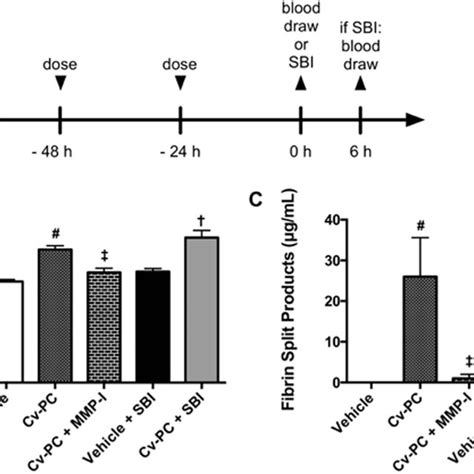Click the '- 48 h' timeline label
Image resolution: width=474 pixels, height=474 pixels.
pyautogui.click(x=61, y=155)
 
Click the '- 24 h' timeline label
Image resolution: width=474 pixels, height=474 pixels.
pyautogui.click(x=180, y=155)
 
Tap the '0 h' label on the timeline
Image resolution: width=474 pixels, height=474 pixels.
pyautogui.click(x=299, y=155)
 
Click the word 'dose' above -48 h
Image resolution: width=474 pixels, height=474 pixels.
pyautogui.click(x=61, y=66)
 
